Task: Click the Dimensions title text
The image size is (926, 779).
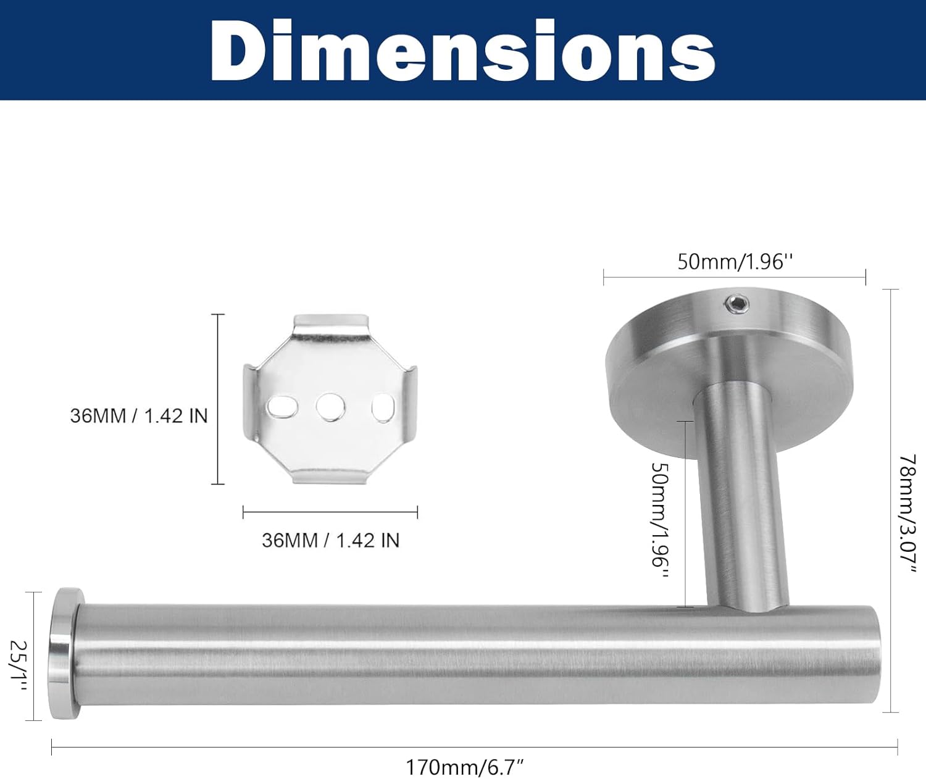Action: pyautogui.click(x=463, y=51)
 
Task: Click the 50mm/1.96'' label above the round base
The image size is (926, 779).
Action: pyautogui.click(x=734, y=262)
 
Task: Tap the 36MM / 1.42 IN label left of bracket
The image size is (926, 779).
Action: pyautogui.click(x=139, y=415)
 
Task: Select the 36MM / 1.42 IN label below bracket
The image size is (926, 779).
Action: pyautogui.click(x=330, y=540)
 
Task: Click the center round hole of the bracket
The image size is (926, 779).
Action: pyautogui.click(x=330, y=407)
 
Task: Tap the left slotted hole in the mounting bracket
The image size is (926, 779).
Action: pyautogui.click(x=282, y=407)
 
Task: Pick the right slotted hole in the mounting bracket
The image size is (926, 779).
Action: pyautogui.click(x=383, y=409)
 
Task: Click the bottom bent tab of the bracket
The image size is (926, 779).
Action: pyautogui.click(x=330, y=475)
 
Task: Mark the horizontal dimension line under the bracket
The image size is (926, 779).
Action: pyautogui.click(x=330, y=512)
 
